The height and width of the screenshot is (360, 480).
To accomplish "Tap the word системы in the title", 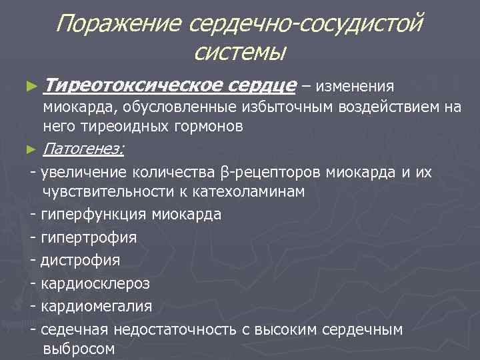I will coord(241,51).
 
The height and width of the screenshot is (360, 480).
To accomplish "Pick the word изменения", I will coord(355,87).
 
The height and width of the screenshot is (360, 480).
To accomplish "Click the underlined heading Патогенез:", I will coord(83,149).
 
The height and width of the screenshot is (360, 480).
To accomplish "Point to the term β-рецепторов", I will coord(271,173).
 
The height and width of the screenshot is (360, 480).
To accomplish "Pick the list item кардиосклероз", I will coord(95,283).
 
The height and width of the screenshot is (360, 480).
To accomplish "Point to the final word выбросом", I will coord(78,349).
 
